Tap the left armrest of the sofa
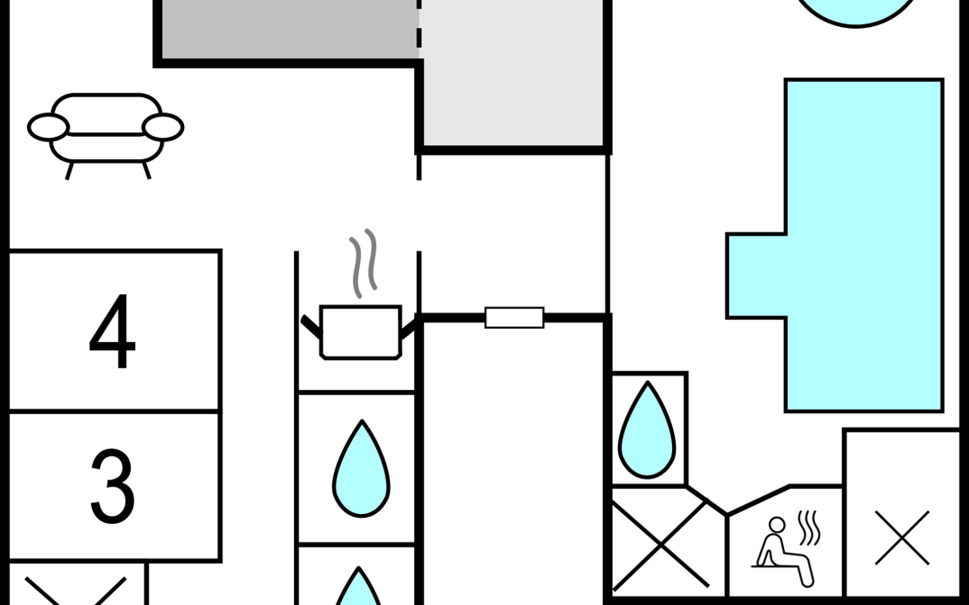click(48, 127)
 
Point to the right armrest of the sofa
click(163, 127)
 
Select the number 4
click(112, 331)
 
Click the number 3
click(112, 486)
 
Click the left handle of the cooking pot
click(311, 326)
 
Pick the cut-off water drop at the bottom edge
click(358, 587)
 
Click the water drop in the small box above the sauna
click(647, 431)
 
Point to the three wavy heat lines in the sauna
click(809, 528)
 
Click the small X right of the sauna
click(902, 538)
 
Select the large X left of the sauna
click(661, 544)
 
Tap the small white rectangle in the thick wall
click(514, 318)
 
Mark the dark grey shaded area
click(289, 29)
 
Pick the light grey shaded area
click(513, 73)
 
